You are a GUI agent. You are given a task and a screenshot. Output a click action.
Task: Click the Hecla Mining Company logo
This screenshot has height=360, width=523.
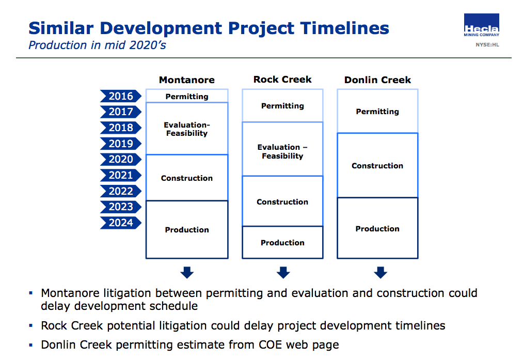coord(481,25)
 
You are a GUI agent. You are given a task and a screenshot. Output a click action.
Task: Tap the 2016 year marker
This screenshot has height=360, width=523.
coord(120,96)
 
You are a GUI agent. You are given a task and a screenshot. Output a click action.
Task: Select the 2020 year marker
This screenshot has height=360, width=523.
coord(120,159)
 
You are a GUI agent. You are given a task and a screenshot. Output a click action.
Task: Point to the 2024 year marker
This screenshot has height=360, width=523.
coord(120,223)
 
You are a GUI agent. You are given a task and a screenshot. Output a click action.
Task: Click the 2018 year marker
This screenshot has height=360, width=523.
coord(120,128)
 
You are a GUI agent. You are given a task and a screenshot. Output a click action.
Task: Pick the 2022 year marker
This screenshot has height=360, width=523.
coord(120,191)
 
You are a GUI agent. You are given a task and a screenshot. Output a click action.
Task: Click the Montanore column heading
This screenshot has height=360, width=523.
coord(186,80)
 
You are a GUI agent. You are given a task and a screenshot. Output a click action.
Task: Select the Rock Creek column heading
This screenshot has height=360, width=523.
coord(282,80)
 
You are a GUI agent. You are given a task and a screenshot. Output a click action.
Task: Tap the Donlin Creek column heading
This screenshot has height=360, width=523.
coord(377,80)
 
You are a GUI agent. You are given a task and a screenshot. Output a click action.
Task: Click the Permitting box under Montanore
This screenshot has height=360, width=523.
coord(187,96)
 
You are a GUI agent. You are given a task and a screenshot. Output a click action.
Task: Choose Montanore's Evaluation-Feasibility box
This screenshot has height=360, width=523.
coord(187,129)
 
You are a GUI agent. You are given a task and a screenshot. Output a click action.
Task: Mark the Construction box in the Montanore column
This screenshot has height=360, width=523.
coord(187,178)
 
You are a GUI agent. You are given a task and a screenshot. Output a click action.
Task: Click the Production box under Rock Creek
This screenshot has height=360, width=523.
coord(282,242)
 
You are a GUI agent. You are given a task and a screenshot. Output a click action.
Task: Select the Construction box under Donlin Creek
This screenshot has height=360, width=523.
coord(377,165)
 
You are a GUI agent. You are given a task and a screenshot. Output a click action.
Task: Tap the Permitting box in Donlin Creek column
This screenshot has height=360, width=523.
coord(377,111)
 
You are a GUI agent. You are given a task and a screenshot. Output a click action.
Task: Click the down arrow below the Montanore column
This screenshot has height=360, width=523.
coord(187,272)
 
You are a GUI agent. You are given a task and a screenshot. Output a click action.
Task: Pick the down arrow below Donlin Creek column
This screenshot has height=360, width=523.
coord(381,272)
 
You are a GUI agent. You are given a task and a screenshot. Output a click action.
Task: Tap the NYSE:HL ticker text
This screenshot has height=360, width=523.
coord(487,44)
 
